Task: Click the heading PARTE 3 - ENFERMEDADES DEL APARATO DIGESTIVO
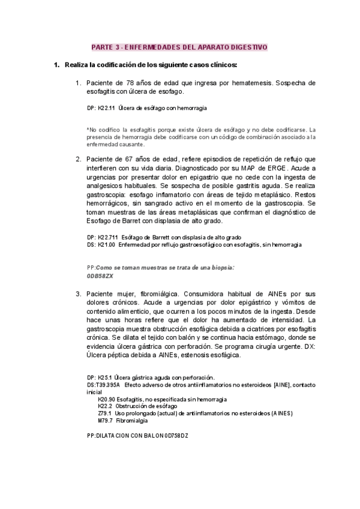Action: point(179,47)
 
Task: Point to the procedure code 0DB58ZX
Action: point(100,276)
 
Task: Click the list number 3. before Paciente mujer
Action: point(78,294)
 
